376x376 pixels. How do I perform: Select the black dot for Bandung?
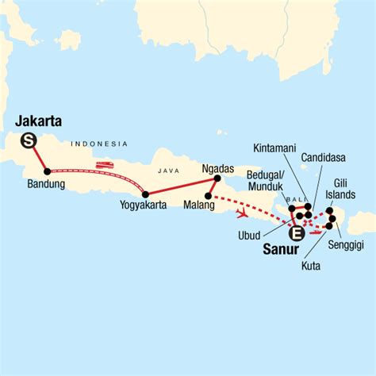pos(48,171)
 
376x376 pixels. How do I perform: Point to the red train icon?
pos(104,166)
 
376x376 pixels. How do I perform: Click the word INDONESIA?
pos(98,144)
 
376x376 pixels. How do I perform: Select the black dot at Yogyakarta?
pos(145,194)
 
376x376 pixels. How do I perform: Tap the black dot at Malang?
pos(208,196)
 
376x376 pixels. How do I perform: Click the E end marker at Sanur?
pos(297,233)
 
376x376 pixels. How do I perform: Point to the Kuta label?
pos(311,266)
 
